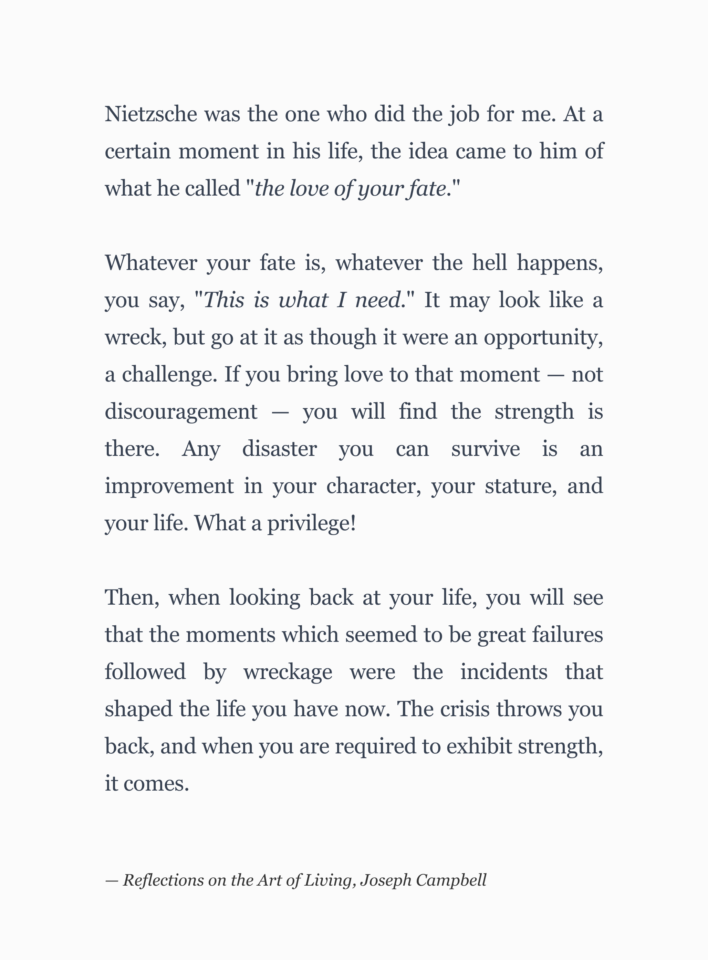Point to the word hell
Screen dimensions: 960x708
click(489, 262)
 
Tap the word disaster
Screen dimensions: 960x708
click(279, 449)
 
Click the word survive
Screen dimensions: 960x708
click(486, 449)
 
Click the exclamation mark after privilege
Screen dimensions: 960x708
click(353, 523)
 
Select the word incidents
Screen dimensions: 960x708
click(503, 671)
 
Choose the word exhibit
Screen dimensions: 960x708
click(479, 746)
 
